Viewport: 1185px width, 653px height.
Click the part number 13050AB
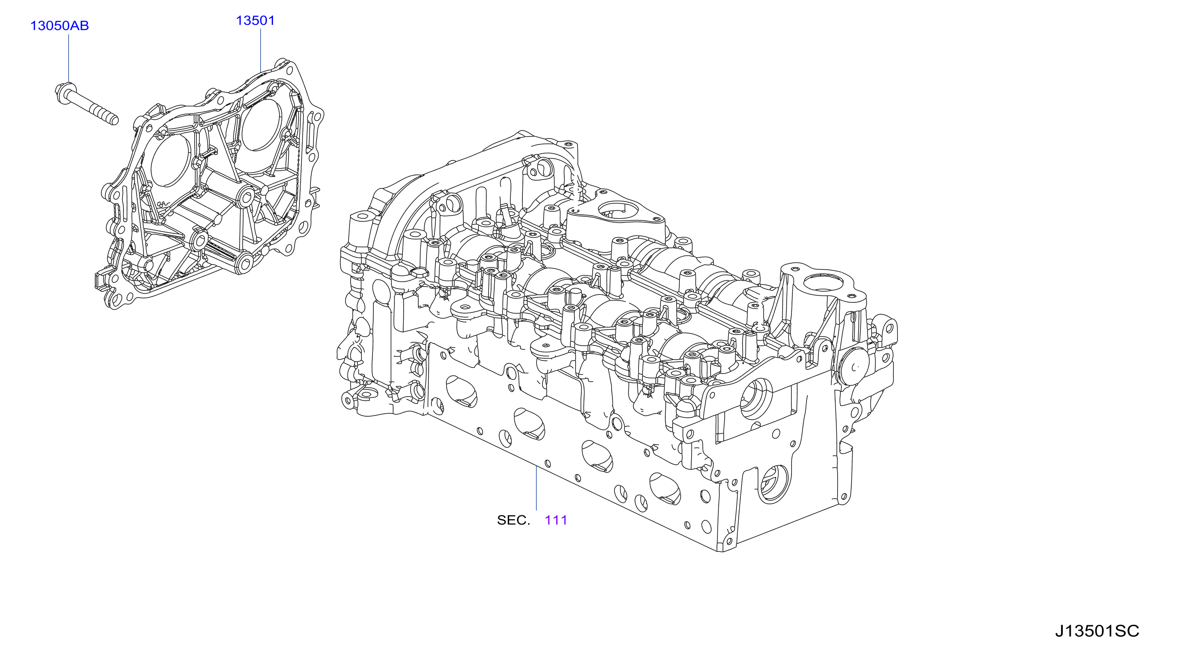59,26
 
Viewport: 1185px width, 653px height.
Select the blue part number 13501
255,21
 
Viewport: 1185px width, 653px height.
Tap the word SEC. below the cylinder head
514,520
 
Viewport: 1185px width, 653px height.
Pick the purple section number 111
556,520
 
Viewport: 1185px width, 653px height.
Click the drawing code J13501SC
1097,631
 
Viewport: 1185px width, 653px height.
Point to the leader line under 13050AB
69,59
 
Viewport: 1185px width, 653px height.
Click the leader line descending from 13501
261,51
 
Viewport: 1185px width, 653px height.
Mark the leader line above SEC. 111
536,488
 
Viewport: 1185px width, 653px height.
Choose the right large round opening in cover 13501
261,125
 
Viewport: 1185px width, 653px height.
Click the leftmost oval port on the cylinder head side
461,392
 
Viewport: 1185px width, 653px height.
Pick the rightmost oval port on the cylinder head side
665,488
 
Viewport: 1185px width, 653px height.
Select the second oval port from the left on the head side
529,424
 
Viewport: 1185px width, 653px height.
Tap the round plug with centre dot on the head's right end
855,367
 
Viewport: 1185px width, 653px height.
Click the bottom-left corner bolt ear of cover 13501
115,300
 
